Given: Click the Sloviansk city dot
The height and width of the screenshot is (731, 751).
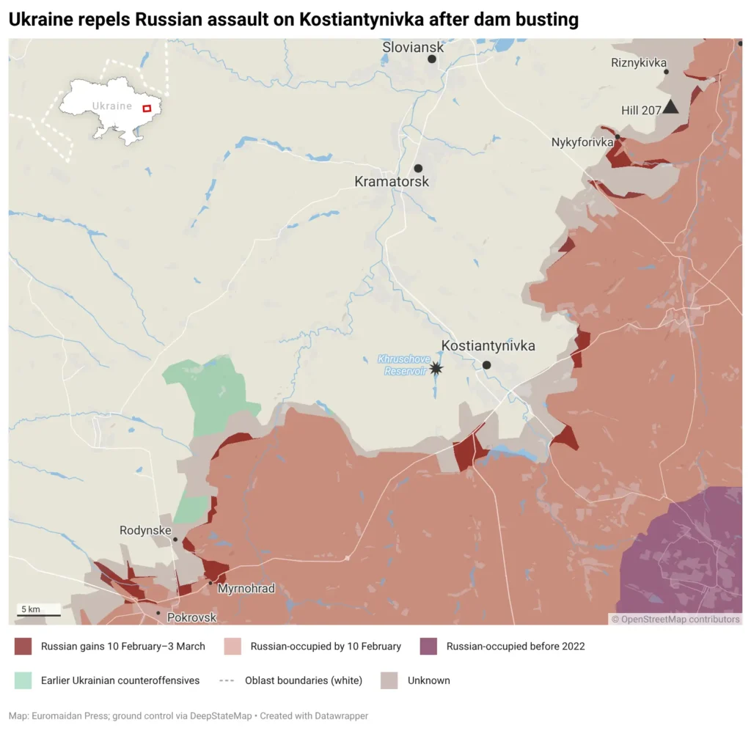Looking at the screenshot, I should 432,59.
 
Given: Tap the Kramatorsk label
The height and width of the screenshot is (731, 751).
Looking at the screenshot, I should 392,181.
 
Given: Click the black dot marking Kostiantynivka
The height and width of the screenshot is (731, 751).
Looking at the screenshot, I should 486,364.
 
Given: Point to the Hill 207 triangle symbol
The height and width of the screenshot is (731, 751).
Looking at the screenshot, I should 670,109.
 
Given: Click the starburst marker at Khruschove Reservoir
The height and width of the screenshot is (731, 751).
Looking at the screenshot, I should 436,368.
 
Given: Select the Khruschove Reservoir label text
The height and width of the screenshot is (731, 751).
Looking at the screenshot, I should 402,365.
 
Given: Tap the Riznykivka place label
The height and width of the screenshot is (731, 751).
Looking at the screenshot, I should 638,63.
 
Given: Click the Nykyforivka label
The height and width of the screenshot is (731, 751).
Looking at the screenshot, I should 582,142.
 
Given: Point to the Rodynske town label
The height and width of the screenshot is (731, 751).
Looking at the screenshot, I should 145,530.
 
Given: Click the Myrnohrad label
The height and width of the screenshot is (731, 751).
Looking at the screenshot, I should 246,589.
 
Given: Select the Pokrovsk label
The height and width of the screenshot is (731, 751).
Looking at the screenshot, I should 192,617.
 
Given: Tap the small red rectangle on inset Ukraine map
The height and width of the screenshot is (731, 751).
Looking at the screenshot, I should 146,109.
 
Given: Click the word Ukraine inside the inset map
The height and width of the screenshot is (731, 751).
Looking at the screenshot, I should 112,106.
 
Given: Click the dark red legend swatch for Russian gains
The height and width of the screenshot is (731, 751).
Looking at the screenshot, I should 23,646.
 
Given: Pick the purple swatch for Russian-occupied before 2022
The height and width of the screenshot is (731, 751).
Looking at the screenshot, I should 428,646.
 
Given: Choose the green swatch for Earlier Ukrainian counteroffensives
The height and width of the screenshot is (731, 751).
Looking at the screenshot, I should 23,680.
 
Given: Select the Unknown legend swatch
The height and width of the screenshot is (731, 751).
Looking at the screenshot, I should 389,680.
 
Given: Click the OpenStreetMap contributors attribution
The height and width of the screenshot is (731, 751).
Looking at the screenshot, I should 675,620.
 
